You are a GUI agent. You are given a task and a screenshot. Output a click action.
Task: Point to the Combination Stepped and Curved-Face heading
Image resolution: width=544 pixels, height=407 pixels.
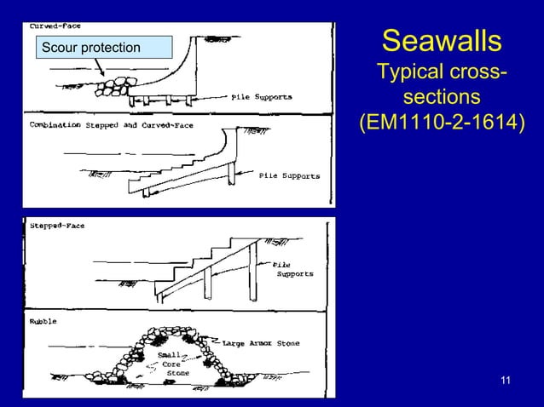pyautogui.click(x=112, y=125)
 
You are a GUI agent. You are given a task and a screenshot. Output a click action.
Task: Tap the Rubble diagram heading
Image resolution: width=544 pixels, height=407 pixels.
pyautogui.click(x=43, y=322)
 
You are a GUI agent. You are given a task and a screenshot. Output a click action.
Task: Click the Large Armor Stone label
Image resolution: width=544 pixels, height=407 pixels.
pyautogui.click(x=261, y=344)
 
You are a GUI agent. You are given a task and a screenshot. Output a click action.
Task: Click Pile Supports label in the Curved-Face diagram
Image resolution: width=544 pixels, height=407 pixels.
pyautogui.click(x=262, y=97)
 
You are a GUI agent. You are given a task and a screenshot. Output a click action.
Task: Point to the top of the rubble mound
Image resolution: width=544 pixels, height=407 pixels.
pyautogui.click(x=177, y=331)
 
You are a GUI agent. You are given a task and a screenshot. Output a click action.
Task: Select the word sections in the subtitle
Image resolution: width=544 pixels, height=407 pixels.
pyautogui.click(x=442, y=96)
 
